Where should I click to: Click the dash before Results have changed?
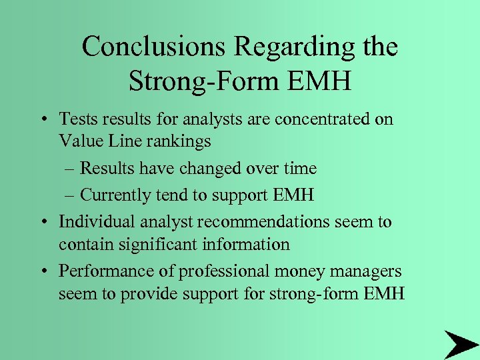(70, 169)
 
